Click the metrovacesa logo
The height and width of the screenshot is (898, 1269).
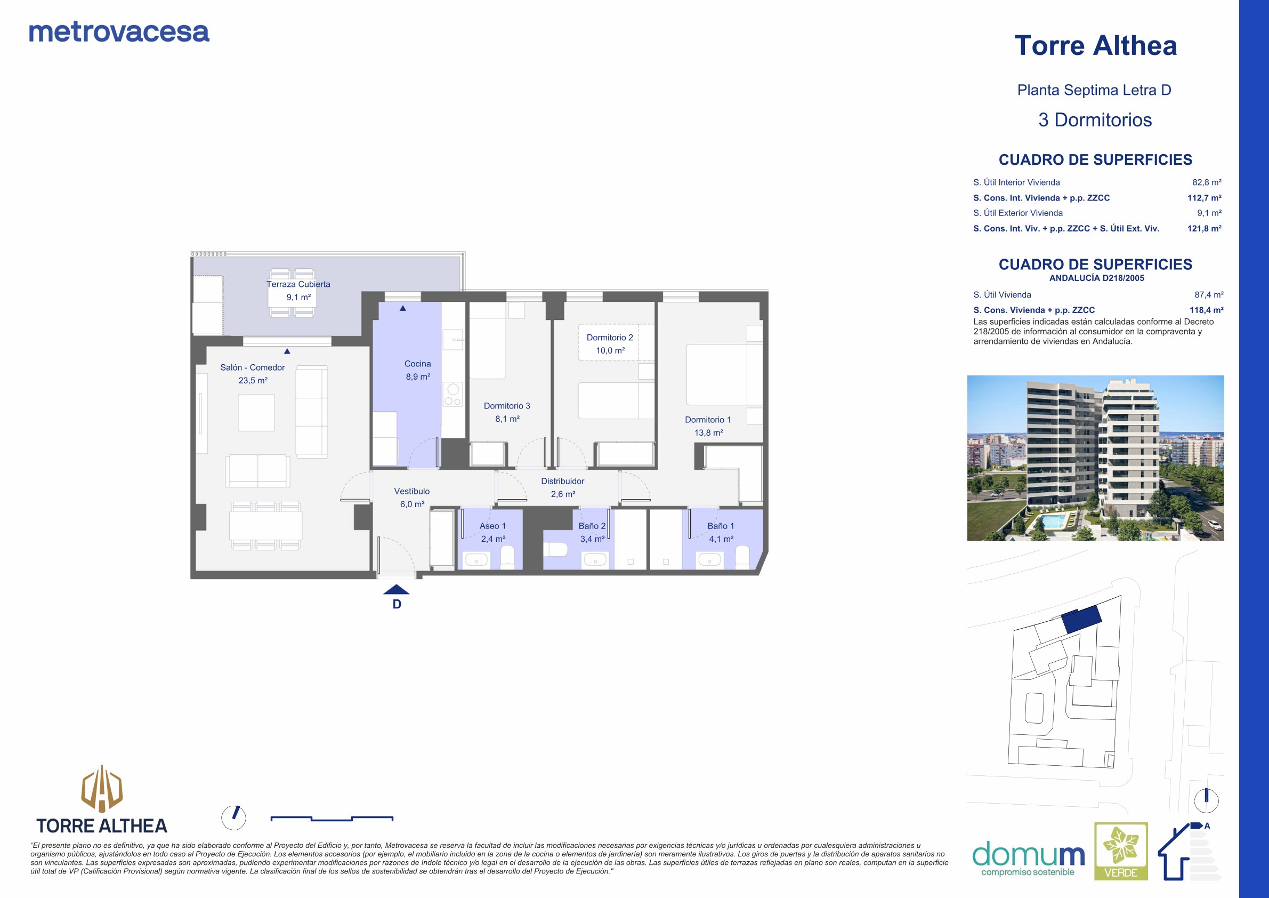119,32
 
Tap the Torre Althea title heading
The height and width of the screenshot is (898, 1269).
1095,45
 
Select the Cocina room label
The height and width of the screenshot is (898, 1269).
417,364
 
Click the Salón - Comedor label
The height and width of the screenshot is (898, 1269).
253,368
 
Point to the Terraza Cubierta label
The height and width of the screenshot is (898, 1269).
298,284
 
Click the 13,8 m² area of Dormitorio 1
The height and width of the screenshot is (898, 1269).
708,433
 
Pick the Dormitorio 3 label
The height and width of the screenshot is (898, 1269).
507,406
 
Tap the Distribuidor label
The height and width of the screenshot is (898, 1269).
563,481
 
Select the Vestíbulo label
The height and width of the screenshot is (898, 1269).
412,491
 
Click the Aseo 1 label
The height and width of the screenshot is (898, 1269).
492,526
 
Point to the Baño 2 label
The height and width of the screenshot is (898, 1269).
592,526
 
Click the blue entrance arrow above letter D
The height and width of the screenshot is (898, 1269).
397,589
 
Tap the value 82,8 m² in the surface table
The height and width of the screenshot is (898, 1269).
1207,182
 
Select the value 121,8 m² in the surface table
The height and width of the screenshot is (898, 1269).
1205,228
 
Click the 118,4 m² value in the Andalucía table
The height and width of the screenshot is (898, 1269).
1207,310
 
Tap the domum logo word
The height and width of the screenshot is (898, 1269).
1028,854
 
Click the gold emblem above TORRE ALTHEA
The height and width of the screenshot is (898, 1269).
102,789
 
